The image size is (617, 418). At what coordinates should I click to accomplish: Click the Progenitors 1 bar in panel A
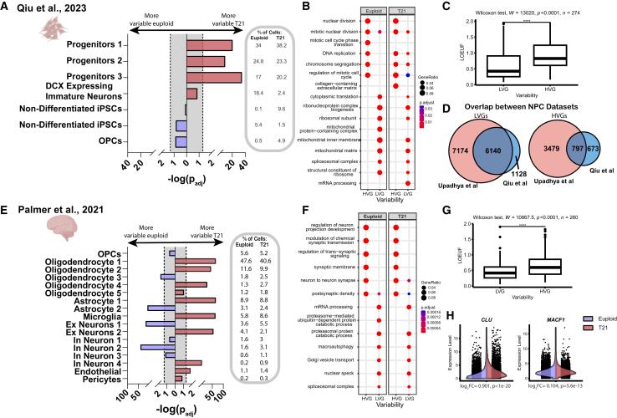209,45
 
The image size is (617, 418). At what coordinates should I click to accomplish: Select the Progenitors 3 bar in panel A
213,78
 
